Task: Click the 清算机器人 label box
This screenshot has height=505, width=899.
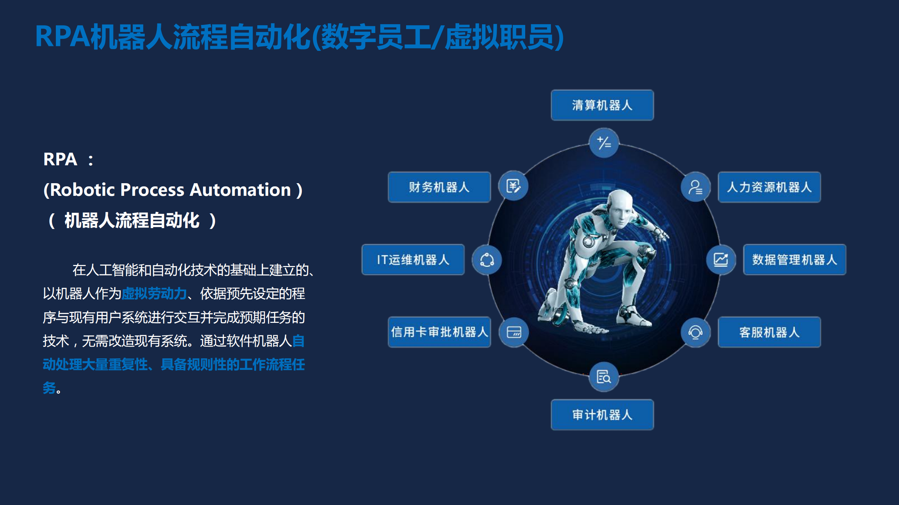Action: click(x=602, y=105)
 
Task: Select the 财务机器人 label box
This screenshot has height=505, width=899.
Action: click(x=439, y=187)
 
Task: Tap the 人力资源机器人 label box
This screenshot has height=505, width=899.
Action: click(x=769, y=187)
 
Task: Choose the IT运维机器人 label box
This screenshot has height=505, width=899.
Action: click(x=413, y=260)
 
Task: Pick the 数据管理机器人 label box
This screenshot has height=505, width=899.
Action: click(x=795, y=260)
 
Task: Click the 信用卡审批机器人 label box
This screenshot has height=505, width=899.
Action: click(x=439, y=332)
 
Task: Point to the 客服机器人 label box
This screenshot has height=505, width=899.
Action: click(x=769, y=332)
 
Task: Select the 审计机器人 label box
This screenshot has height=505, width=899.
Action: click(x=602, y=415)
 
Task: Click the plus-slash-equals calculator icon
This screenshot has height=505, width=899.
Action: click(x=604, y=143)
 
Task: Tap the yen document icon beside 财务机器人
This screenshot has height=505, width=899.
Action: click(x=513, y=186)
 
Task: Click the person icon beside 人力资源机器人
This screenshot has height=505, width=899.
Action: click(x=695, y=187)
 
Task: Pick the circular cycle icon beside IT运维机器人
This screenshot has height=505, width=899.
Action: click(x=487, y=260)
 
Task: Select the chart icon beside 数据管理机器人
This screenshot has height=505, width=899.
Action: click(x=721, y=260)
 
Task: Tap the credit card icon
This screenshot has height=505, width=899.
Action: click(x=514, y=332)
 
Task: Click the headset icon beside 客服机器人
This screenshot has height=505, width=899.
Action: click(x=695, y=332)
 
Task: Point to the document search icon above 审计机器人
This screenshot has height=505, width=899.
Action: click(x=604, y=377)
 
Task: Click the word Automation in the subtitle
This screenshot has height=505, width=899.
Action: click(x=240, y=190)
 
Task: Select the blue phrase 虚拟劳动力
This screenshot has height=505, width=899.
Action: click(x=154, y=293)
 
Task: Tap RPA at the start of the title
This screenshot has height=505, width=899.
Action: click(x=63, y=36)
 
